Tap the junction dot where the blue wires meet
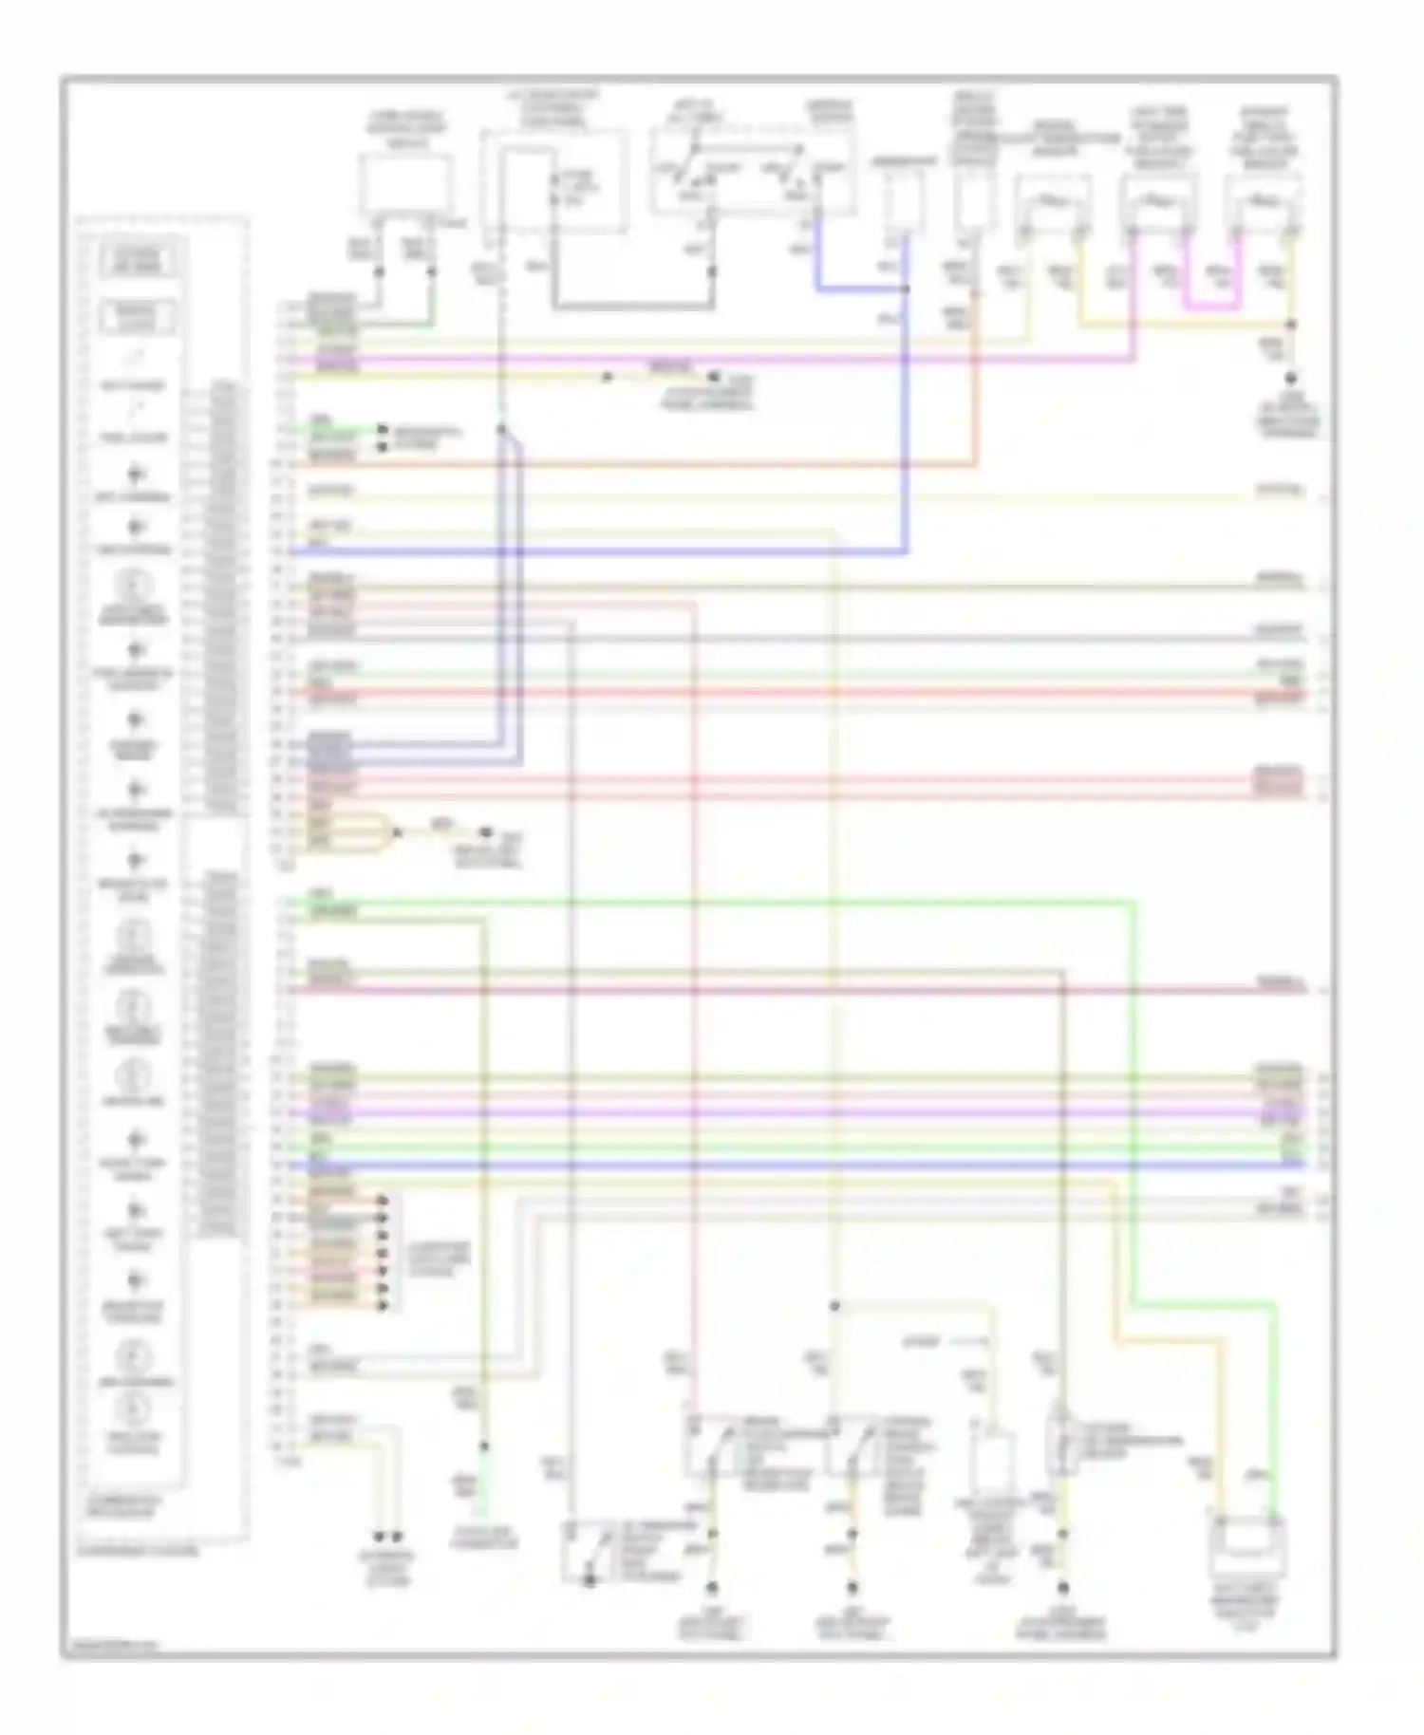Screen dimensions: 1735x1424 click(906, 289)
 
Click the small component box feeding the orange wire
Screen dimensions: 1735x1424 click(974, 203)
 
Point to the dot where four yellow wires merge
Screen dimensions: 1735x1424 click(397, 832)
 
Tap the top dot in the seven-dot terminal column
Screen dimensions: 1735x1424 click(383, 1201)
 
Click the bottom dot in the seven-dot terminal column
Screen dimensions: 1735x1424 click(383, 1305)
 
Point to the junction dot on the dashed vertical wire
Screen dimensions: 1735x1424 click(501, 430)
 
